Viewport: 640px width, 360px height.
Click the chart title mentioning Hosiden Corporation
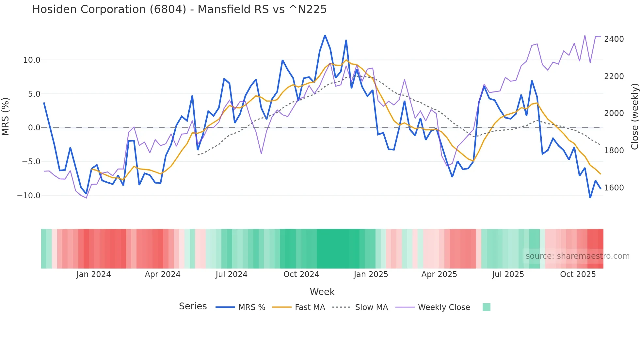click(x=179, y=9)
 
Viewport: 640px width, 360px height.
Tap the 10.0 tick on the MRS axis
click(x=32, y=60)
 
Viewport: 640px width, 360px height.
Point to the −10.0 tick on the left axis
click(x=29, y=196)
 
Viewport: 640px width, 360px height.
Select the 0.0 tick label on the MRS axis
click(x=34, y=128)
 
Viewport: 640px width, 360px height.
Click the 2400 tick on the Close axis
click(x=614, y=39)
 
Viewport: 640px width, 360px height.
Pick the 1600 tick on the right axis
click(x=614, y=188)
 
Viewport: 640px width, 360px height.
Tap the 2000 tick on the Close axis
click(x=614, y=113)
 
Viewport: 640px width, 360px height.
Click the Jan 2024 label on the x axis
click(x=94, y=274)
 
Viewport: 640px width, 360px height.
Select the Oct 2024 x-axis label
click(x=301, y=274)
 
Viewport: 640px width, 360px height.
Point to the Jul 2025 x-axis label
click(x=508, y=274)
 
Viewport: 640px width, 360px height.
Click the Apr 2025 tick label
click(x=439, y=274)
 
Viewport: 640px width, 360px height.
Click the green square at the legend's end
click(x=487, y=307)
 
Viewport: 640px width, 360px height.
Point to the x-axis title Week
click(x=322, y=292)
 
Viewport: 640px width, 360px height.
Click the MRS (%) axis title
click(x=6, y=117)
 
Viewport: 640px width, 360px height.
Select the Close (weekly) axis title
click(x=634, y=117)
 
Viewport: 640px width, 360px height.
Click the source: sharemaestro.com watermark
click(x=577, y=256)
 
